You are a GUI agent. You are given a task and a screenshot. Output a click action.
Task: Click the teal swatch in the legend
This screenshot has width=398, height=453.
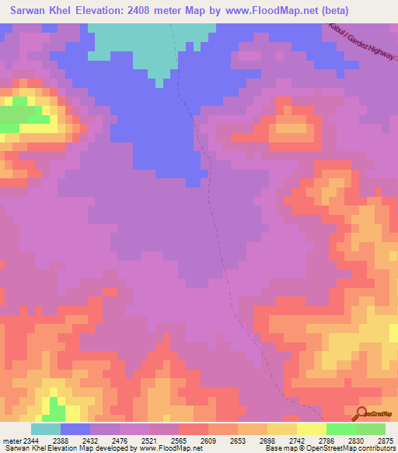tap(46, 429)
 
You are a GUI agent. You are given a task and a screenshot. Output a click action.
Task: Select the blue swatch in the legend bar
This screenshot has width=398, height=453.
tap(75, 429)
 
